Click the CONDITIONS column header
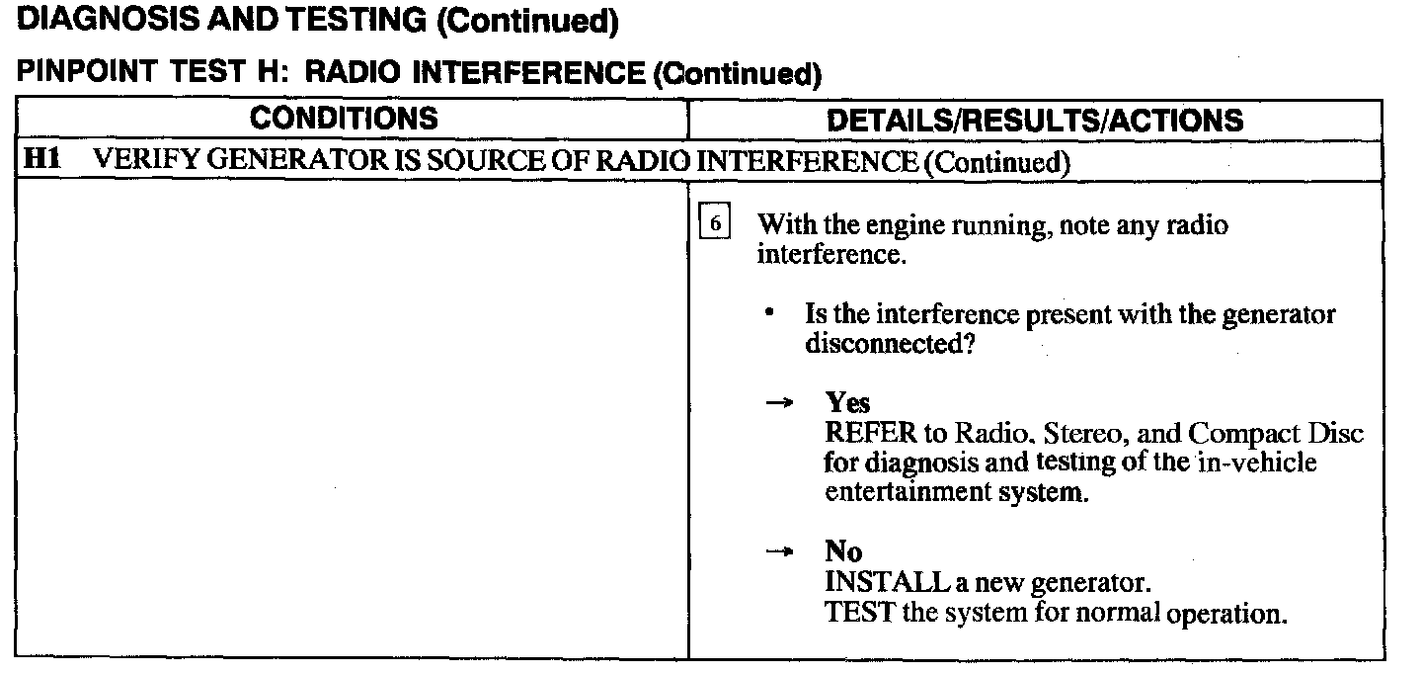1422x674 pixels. tap(343, 119)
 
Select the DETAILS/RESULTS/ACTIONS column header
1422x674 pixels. tap(1034, 121)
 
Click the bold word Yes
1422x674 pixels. tap(848, 403)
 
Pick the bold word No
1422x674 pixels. tap(843, 552)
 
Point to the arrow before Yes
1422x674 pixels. tap(780, 403)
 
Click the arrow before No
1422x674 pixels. tap(780, 552)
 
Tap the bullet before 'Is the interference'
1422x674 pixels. tap(768, 313)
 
